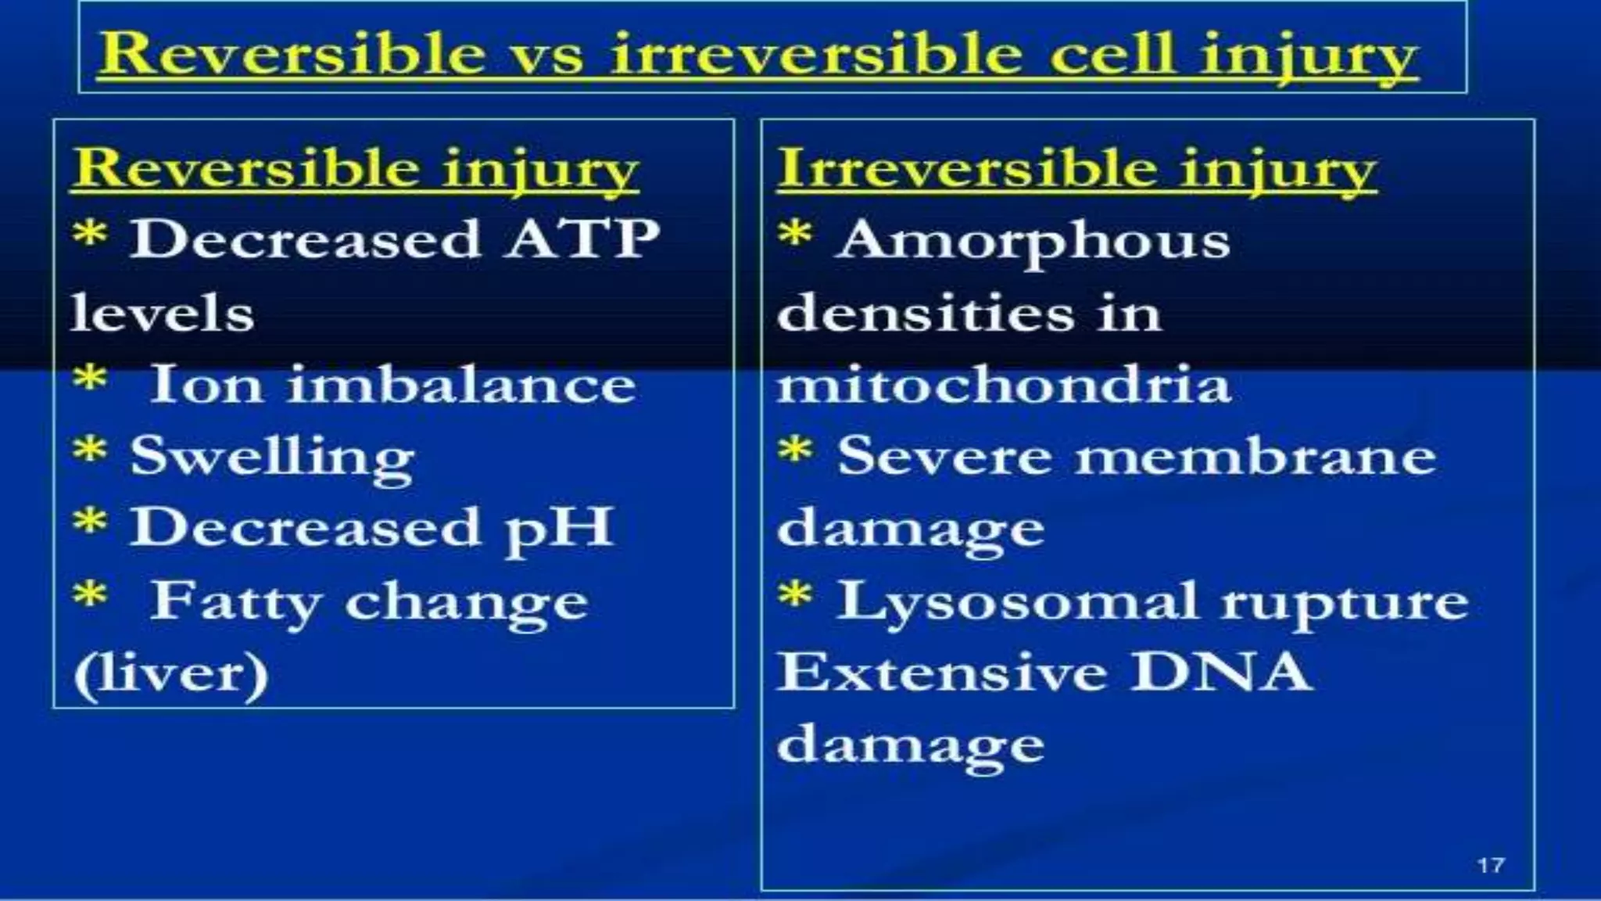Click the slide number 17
1491,865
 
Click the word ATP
583,239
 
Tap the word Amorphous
1033,241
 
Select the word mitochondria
1004,385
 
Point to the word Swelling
272,457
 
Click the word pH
559,529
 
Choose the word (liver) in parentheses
170,674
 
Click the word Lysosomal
1016,602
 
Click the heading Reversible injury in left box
356,169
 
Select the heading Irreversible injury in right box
1076,169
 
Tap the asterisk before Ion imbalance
90,378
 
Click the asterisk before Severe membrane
795,450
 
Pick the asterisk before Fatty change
90,594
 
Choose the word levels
163,314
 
